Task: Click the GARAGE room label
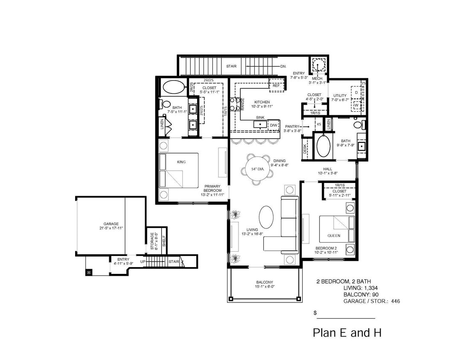(x=111, y=224)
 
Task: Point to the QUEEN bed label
(x=334, y=235)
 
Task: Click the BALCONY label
(x=265, y=282)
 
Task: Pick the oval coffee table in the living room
(x=267, y=218)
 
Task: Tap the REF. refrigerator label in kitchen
(x=276, y=85)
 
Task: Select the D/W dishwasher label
(x=273, y=125)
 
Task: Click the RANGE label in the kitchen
(x=242, y=104)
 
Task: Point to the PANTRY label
(x=293, y=127)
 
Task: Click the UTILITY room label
(x=340, y=96)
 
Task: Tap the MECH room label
(x=317, y=78)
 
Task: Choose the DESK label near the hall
(x=305, y=148)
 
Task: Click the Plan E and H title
(x=347, y=333)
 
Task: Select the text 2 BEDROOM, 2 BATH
(x=343, y=282)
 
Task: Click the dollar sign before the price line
(x=315, y=313)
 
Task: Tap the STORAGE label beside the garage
(x=151, y=241)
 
